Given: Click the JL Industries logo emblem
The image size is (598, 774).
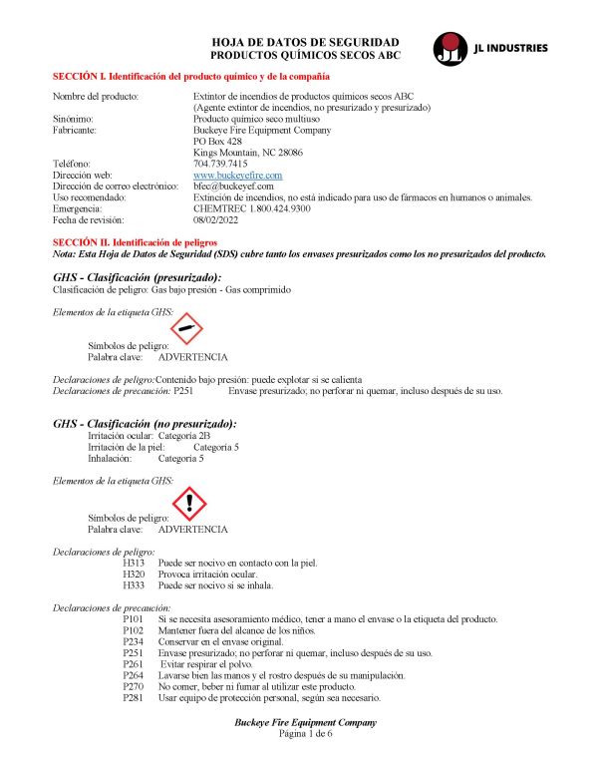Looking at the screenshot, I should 449,47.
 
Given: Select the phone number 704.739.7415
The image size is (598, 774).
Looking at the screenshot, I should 220,164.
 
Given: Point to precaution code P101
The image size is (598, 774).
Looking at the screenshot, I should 134,619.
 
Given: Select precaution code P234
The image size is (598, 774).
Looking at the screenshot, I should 134,641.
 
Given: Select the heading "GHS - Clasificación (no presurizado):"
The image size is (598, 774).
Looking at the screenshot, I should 145,424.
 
